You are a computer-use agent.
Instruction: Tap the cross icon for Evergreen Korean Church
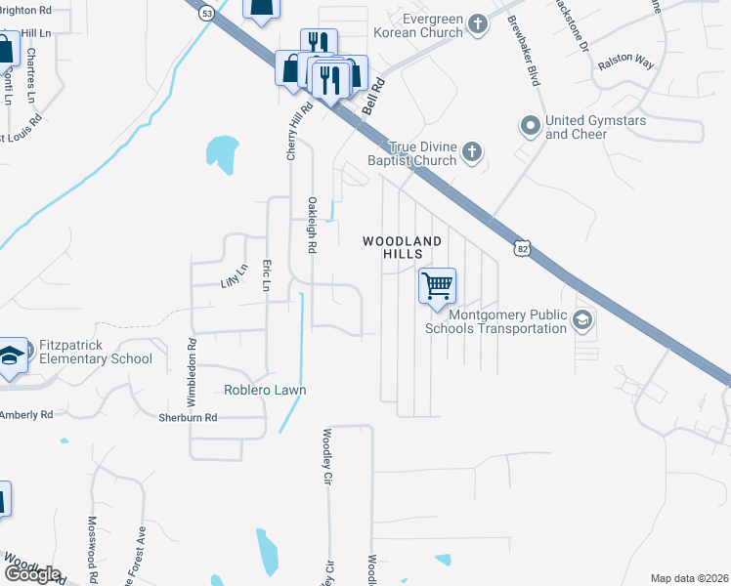tap(478, 22)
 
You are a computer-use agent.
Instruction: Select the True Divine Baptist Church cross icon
tap(472, 151)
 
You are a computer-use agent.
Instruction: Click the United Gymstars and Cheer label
tap(590, 127)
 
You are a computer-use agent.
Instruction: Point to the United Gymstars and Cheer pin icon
tap(530, 126)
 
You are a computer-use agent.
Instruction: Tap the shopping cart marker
tap(437, 286)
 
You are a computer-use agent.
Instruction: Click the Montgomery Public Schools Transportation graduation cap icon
tap(581, 320)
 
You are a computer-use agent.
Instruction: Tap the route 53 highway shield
tap(205, 14)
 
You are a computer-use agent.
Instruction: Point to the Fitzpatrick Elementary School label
tap(96, 352)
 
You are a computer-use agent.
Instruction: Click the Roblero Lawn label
tap(265, 390)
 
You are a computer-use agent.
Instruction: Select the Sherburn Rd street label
tap(188, 417)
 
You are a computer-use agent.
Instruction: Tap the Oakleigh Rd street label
tap(313, 226)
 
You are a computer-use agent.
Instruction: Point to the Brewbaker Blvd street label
tap(534, 60)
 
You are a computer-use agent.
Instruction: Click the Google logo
tap(32, 574)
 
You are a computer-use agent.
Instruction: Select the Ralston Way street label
tap(627, 60)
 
